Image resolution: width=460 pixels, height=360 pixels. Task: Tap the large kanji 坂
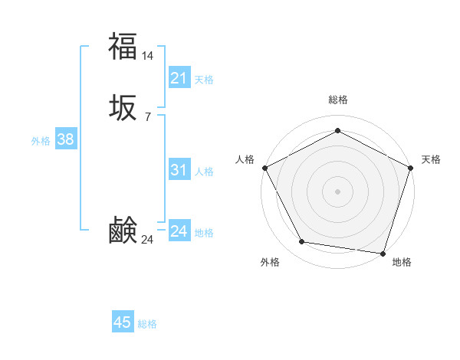pyautogui.click(x=123, y=109)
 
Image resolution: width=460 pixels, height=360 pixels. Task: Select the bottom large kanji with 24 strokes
pyautogui.click(x=123, y=231)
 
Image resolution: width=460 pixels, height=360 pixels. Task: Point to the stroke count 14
pyautogui.click(x=148, y=55)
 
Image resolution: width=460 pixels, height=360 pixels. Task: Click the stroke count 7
pyautogui.click(x=147, y=116)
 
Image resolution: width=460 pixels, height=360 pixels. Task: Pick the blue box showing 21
pyautogui.click(x=179, y=78)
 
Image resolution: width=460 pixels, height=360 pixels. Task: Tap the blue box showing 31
pyautogui.click(x=179, y=171)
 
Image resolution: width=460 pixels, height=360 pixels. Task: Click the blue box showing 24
pyautogui.click(x=179, y=231)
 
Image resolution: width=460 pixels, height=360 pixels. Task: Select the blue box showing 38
pyautogui.click(x=65, y=139)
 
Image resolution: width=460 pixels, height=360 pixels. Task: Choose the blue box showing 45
pyautogui.click(x=123, y=322)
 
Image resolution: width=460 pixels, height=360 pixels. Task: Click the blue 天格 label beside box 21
pyautogui.click(x=204, y=80)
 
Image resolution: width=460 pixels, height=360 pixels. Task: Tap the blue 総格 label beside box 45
pyautogui.click(x=147, y=324)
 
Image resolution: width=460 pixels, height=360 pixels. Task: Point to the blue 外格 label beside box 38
pyautogui.click(x=41, y=141)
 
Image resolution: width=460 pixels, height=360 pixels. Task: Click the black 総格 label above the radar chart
pyautogui.click(x=337, y=100)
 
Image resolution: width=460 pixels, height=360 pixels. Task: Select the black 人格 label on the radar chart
pyautogui.click(x=245, y=159)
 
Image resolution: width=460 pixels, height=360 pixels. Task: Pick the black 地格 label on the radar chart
pyautogui.click(x=402, y=263)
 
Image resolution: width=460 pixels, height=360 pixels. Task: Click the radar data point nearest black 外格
pyautogui.click(x=302, y=242)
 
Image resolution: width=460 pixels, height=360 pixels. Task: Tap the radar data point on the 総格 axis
pyautogui.click(x=337, y=130)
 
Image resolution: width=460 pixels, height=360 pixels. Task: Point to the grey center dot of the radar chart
pyautogui.click(x=337, y=191)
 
